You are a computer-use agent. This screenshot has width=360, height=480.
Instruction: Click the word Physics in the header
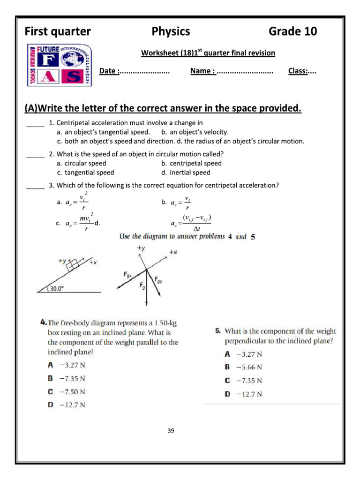[171, 31]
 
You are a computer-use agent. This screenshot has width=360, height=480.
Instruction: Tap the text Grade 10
[292, 31]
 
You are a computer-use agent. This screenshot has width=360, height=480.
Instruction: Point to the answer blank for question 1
[35, 124]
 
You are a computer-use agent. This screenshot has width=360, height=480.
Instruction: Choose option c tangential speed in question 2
[85, 172]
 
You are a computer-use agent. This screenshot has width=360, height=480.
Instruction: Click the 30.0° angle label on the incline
[57, 289]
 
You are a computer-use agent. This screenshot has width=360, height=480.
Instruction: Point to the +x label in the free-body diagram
[173, 252]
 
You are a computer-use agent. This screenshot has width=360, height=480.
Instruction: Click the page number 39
[171, 430]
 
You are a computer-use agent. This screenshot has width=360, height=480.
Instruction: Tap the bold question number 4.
[43, 322]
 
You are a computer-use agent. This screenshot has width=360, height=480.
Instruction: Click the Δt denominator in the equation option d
[196, 229]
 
